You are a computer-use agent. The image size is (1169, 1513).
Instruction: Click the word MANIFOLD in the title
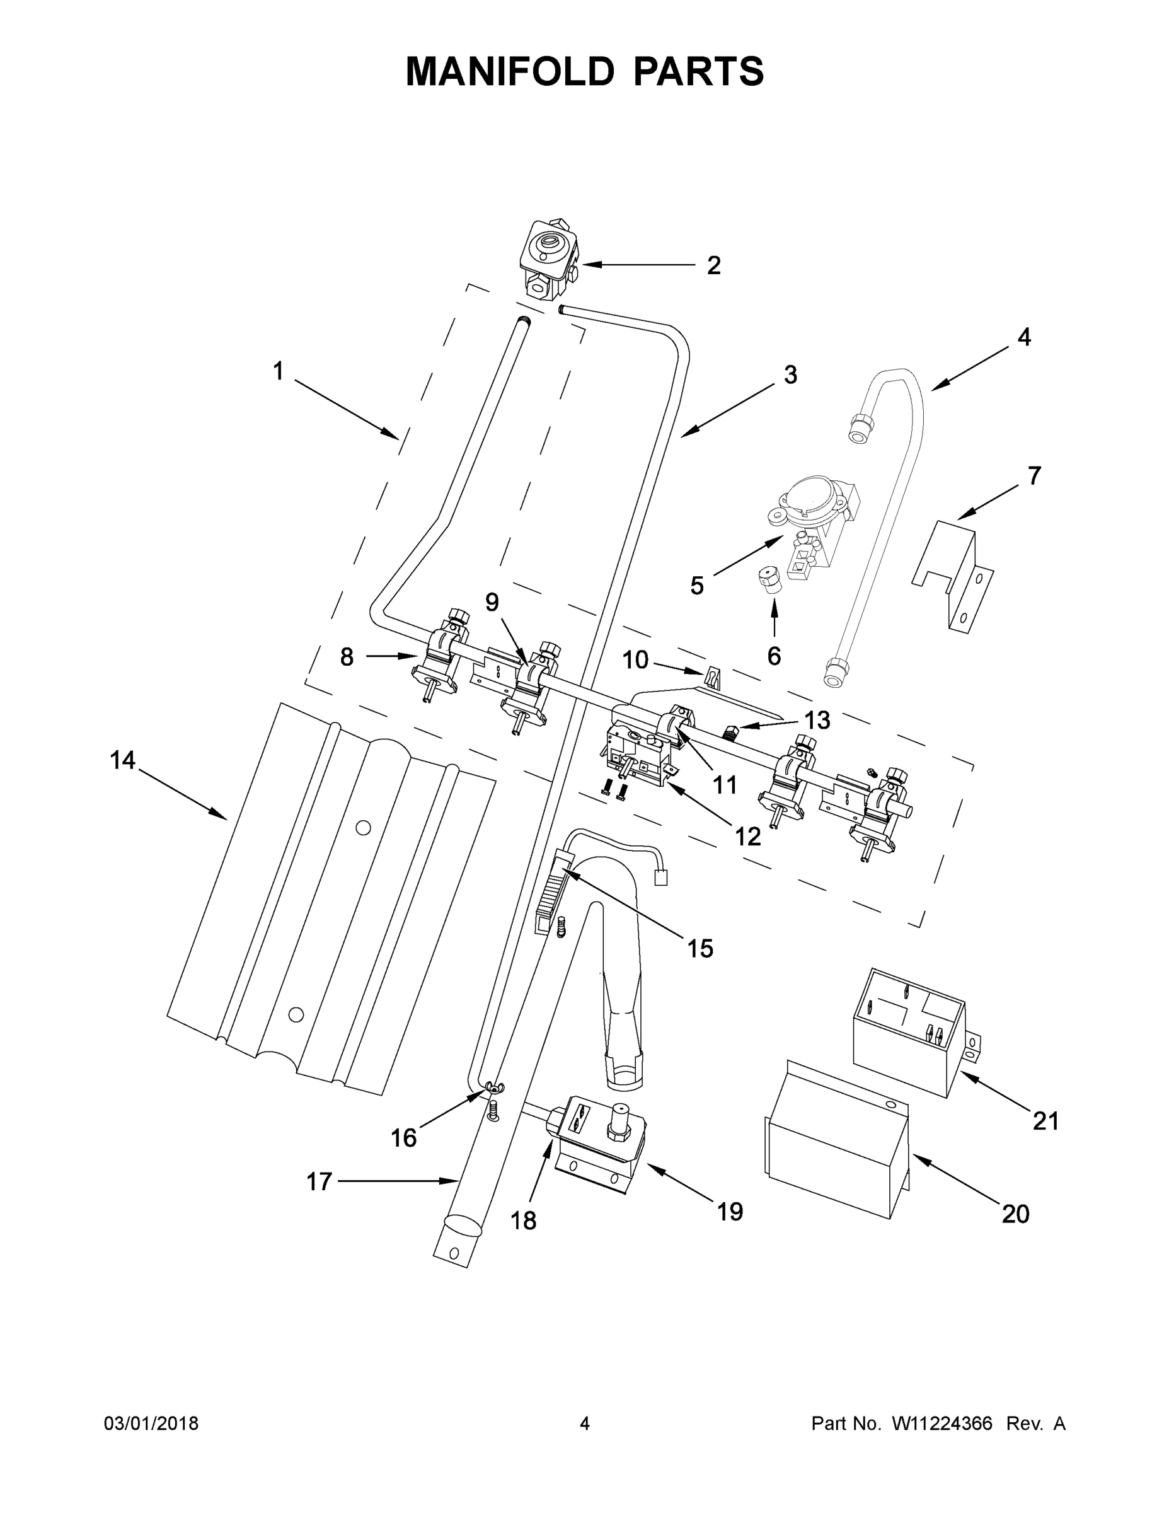[x=509, y=71]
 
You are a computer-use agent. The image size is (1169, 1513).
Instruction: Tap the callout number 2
[x=713, y=265]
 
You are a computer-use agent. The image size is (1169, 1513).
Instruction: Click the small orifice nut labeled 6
[x=768, y=579]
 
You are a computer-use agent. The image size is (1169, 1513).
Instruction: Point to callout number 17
[x=320, y=1181]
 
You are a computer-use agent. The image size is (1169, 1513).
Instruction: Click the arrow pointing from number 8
[x=391, y=656]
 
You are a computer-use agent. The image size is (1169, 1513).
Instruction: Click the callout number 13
[x=817, y=720]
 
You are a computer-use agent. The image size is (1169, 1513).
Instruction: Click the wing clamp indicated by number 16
[x=492, y=1087]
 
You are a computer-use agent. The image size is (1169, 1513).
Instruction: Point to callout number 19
[x=729, y=1211]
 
